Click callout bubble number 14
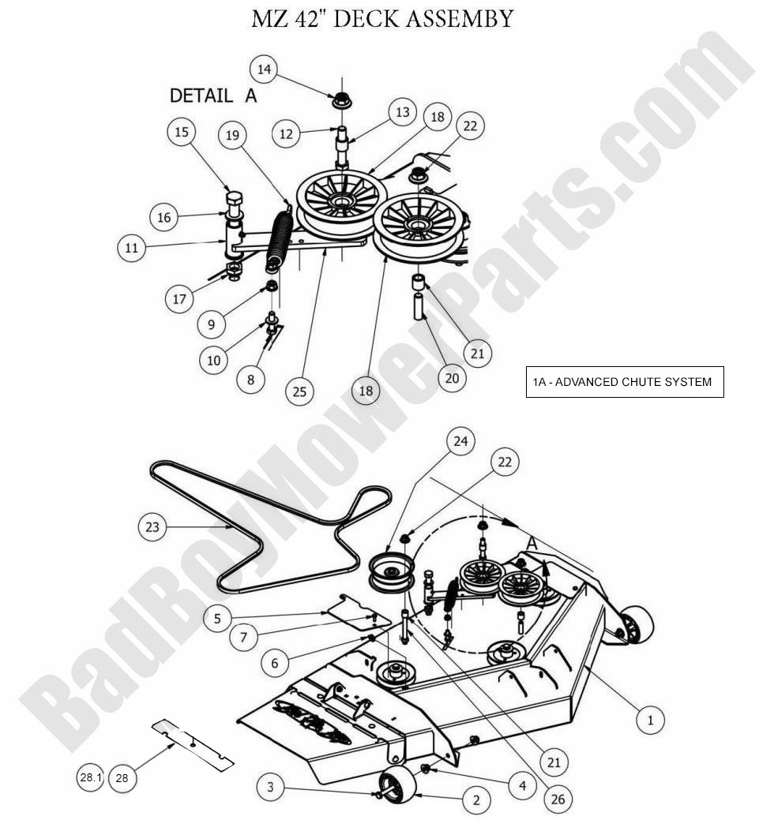(265, 69)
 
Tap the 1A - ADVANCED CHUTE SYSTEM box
(625, 382)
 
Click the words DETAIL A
(213, 96)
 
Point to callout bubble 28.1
(91, 777)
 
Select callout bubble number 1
(650, 719)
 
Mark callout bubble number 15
(182, 133)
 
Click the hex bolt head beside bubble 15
(235, 199)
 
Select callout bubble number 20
(452, 378)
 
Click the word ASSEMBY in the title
(451, 18)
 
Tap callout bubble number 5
(217, 618)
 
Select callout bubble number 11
(132, 248)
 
